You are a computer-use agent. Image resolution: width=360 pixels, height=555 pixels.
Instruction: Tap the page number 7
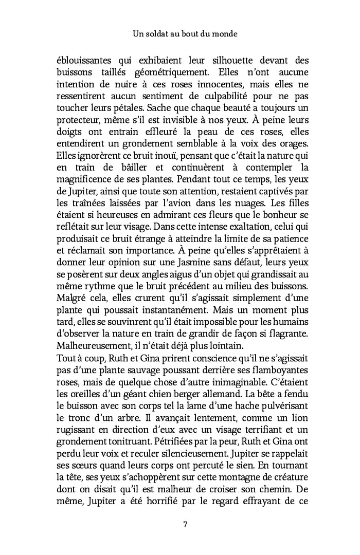pos(185,524)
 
